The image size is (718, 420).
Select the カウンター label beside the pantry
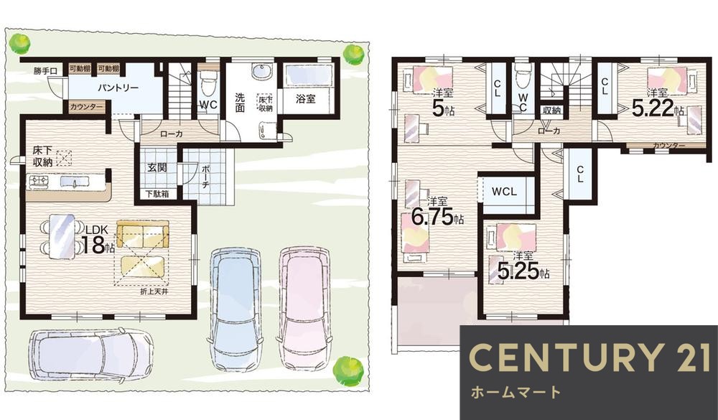[x=87, y=107]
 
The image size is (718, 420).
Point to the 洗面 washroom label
[x=240, y=104]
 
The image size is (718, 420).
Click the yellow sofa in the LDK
[x=143, y=234]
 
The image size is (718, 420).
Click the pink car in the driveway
[x=303, y=306]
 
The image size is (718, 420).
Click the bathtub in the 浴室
[x=307, y=75]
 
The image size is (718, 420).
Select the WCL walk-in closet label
[x=505, y=193]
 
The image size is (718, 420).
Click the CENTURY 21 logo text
[x=588, y=358]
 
